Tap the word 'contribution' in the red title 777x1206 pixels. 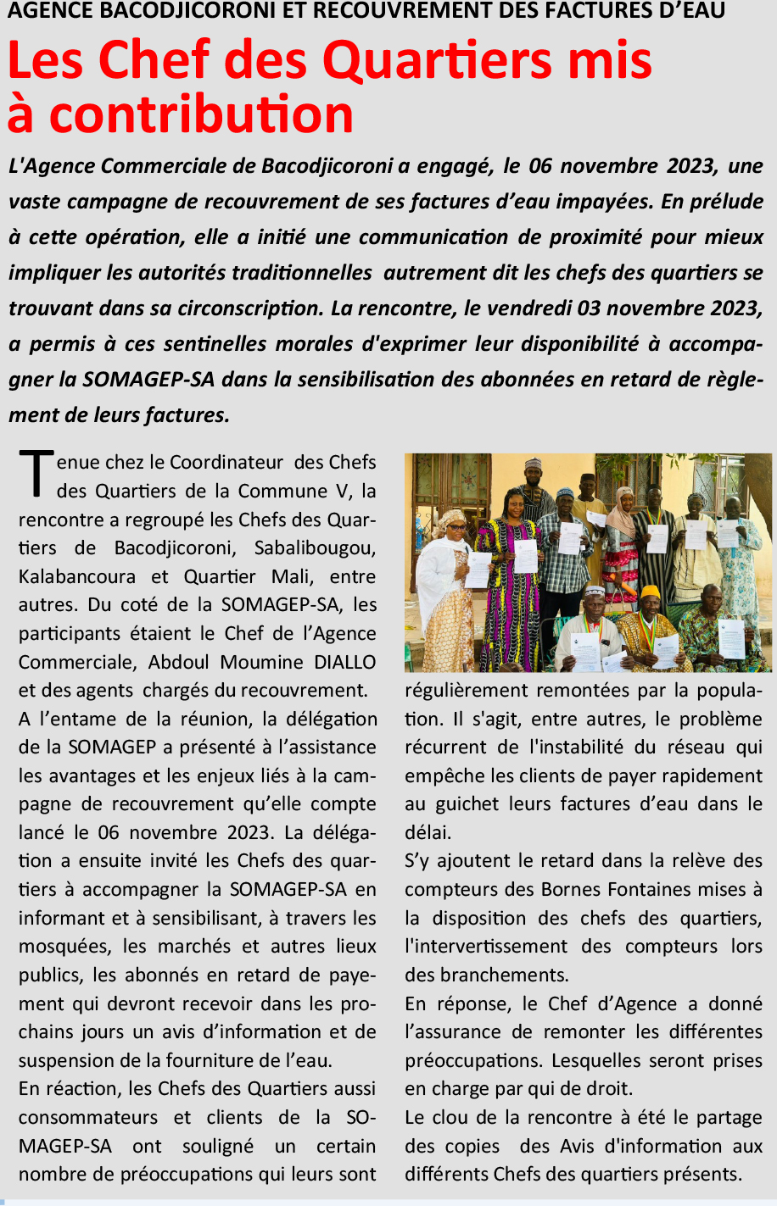pyautogui.click(x=201, y=114)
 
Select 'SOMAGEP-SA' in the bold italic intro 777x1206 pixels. pyautogui.click(x=148, y=379)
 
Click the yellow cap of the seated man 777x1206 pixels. pyautogui.click(x=650, y=592)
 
